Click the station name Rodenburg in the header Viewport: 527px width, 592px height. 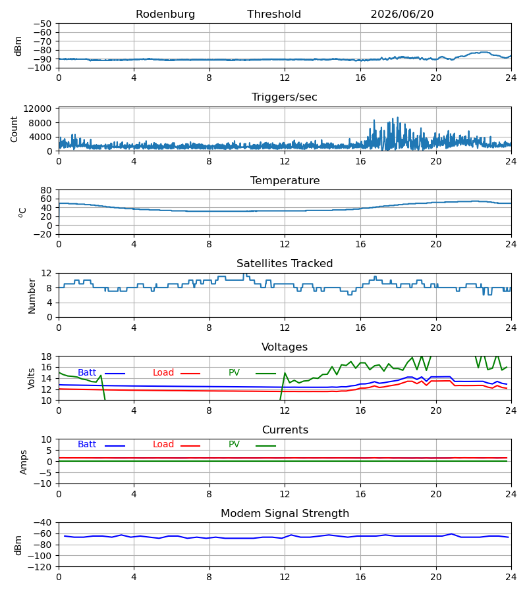[x=165, y=14]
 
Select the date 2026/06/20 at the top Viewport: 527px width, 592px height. [x=402, y=14]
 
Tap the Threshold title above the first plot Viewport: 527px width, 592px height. [x=274, y=14]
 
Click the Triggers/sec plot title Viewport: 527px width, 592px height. [x=285, y=97]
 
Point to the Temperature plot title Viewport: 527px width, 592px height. [x=285, y=180]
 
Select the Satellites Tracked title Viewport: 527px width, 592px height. [x=285, y=264]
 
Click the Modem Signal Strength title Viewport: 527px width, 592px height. [x=285, y=514]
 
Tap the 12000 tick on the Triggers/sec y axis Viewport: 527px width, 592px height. [x=38, y=109]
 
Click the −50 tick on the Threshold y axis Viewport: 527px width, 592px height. [x=42, y=24]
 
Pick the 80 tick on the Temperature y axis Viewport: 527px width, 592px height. [x=46, y=190]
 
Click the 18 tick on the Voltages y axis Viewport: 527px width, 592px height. [x=46, y=357]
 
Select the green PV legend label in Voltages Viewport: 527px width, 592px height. [x=234, y=373]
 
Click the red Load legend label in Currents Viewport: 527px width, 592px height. [x=163, y=445]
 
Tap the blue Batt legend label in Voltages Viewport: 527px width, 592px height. [x=87, y=373]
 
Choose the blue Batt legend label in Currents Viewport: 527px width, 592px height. [x=87, y=445]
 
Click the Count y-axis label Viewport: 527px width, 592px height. [x=14, y=129]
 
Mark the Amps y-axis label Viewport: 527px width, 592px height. [x=24, y=462]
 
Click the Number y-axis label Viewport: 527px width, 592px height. [x=32, y=296]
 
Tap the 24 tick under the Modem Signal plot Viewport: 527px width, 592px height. [x=511, y=578]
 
